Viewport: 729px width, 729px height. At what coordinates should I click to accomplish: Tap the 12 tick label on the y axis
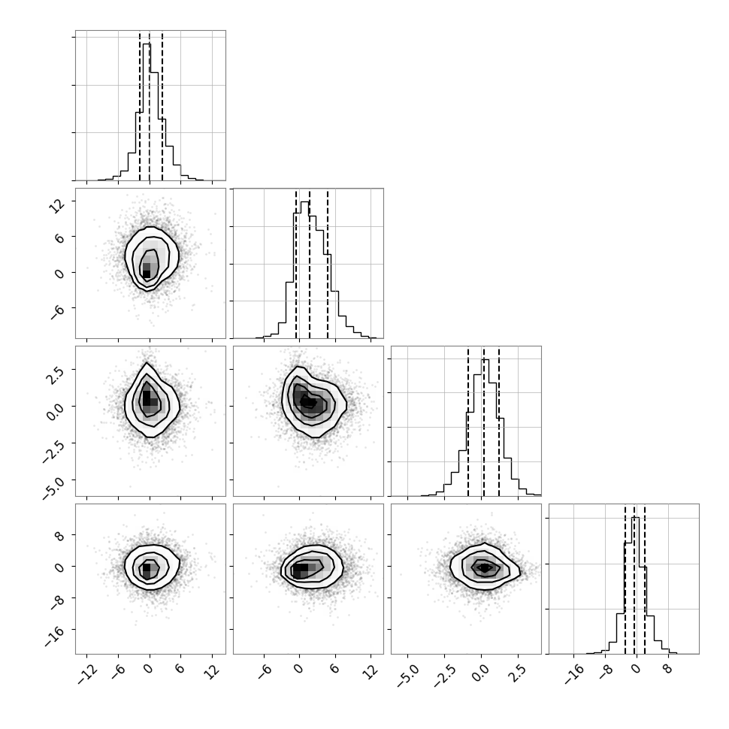(58, 205)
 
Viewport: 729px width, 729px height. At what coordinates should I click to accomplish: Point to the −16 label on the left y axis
(54, 637)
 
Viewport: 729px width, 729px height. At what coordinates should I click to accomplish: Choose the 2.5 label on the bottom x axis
(518, 673)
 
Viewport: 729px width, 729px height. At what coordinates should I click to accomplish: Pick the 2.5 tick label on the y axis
(54, 374)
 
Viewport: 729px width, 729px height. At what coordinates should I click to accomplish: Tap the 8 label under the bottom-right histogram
(667, 670)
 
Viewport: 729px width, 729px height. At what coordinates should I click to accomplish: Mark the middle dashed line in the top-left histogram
(150, 107)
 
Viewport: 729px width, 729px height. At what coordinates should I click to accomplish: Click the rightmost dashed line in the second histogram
(328, 265)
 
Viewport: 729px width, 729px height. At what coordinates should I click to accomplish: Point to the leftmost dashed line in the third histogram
(468, 422)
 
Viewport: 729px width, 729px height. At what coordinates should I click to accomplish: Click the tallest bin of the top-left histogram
(147, 112)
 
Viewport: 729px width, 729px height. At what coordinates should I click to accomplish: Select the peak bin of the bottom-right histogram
(635, 585)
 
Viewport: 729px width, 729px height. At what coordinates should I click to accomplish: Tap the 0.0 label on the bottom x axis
(481, 673)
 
